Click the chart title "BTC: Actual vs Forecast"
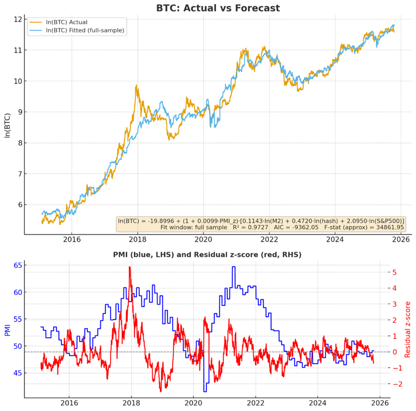click(x=218, y=8)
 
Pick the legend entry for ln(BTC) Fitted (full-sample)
click(x=85, y=30)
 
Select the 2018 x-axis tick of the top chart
click(x=138, y=239)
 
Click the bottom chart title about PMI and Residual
click(x=207, y=254)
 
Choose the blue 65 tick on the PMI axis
click(x=17, y=265)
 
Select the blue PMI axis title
click(x=7, y=330)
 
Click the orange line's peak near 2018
click(x=136, y=85)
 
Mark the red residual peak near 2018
click(x=129, y=267)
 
